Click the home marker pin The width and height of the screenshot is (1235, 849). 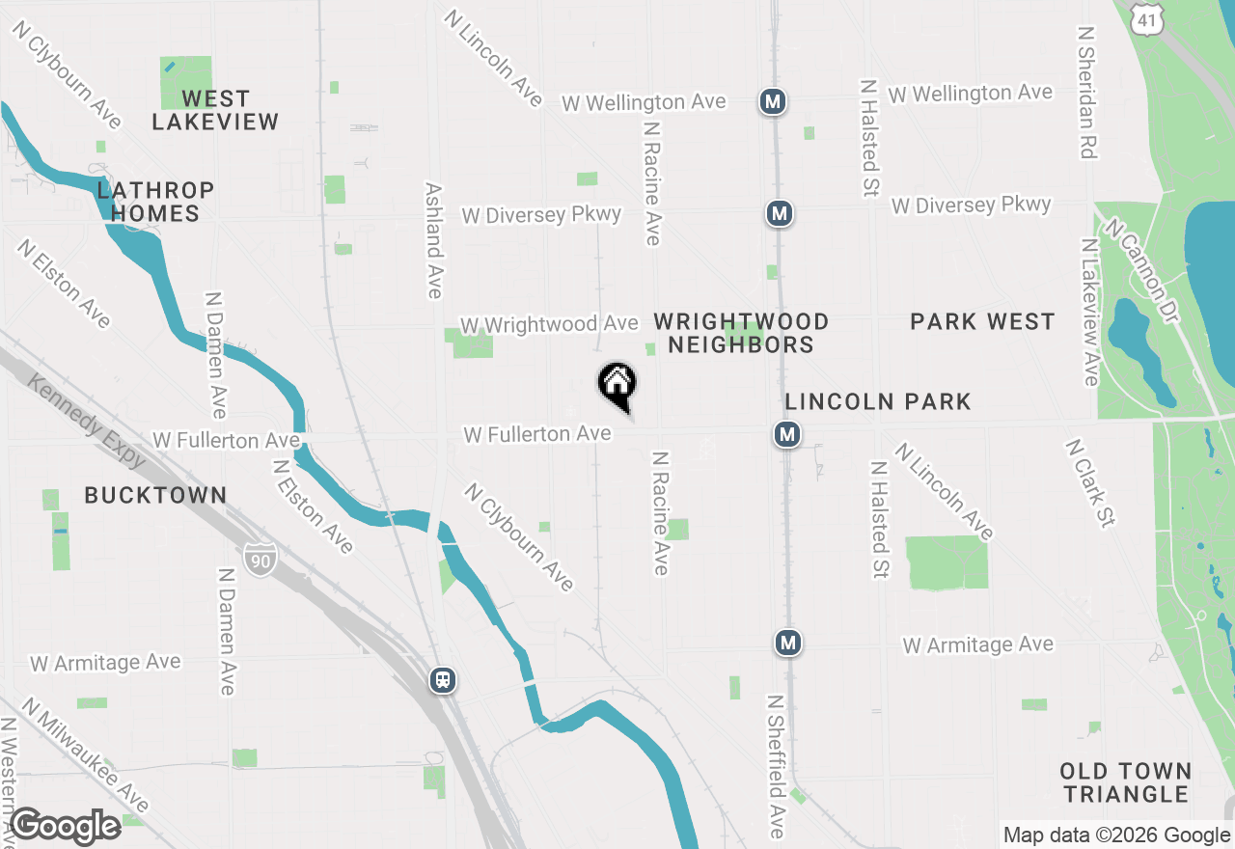tap(617, 385)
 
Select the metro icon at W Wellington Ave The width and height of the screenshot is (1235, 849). tap(771, 101)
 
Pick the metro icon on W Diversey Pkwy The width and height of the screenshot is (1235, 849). tap(780, 213)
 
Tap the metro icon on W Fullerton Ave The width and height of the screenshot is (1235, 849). tap(787, 434)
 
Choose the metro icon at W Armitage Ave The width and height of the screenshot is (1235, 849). tap(788, 642)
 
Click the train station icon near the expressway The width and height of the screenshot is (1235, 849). tap(443, 680)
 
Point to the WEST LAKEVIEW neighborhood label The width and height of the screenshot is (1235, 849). tap(215, 110)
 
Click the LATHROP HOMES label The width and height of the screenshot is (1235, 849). tap(155, 201)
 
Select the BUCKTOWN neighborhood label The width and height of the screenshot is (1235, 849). tap(155, 496)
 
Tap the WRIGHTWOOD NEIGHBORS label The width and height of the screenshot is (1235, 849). tap(741, 333)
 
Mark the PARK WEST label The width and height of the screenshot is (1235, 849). tap(982, 322)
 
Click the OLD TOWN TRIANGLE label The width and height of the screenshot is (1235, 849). tap(1125, 782)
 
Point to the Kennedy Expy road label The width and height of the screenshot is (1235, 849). tap(87, 422)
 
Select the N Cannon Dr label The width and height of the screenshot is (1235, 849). tap(1143, 272)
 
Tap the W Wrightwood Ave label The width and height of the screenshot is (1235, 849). tap(549, 324)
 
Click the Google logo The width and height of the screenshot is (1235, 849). tap(65, 826)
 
